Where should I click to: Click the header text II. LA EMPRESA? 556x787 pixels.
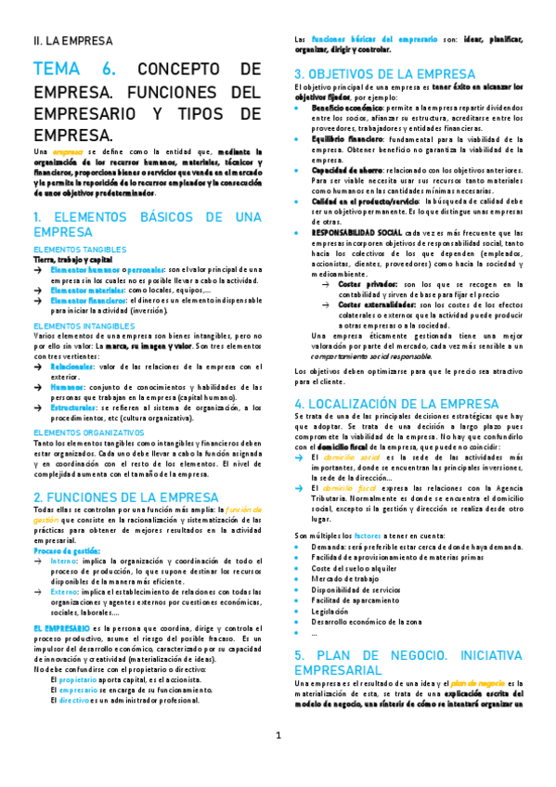[x=72, y=42]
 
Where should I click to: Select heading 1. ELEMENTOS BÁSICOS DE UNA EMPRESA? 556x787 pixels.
[x=147, y=223]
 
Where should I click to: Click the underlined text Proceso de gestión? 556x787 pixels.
[x=66, y=550]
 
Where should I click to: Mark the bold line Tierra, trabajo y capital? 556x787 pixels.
[x=72, y=260]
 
